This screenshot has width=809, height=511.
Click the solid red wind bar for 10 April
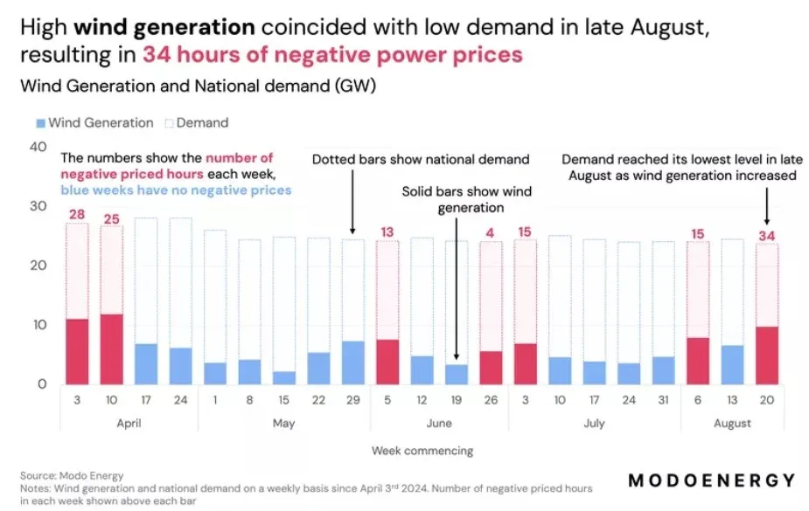point(111,349)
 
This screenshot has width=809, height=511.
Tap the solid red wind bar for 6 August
point(698,361)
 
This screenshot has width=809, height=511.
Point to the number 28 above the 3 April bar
point(77,215)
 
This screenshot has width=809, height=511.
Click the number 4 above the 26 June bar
point(492,232)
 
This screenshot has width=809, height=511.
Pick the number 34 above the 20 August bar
point(767,235)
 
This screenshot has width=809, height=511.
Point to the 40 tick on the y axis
point(38,147)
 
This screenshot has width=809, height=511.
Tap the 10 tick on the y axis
point(38,325)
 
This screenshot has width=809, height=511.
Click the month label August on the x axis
point(732,423)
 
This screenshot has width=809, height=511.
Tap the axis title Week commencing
point(422,451)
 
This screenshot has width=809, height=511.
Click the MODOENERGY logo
point(712,480)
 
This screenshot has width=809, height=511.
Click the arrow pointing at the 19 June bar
point(457,288)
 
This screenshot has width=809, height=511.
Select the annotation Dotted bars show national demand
point(421,159)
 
